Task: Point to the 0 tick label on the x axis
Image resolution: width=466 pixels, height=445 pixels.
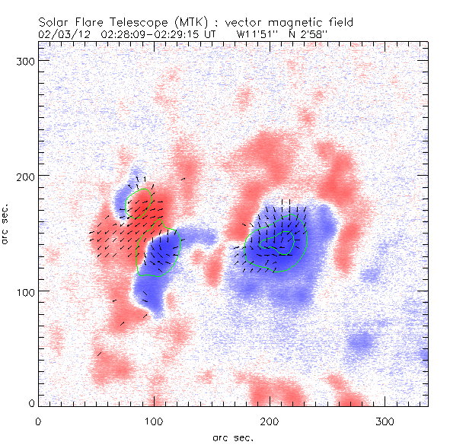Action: [38, 421]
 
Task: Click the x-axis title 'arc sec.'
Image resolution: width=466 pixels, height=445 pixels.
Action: [232, 437]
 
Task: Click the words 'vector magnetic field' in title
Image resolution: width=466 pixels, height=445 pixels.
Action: [268, 23]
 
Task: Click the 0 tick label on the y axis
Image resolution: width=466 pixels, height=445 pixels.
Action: [30, 403]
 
